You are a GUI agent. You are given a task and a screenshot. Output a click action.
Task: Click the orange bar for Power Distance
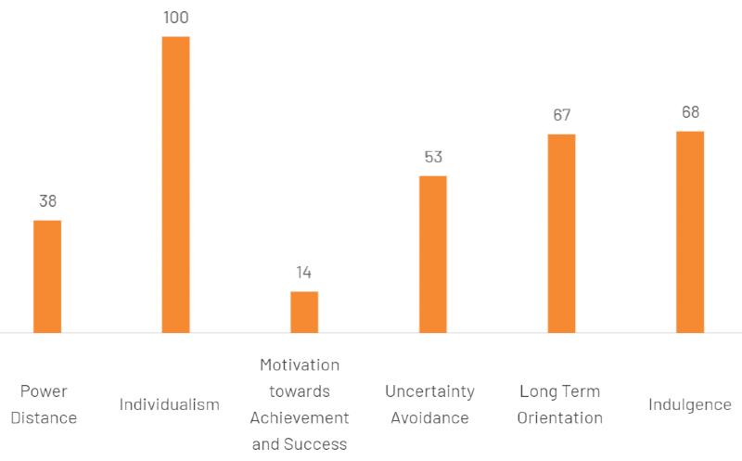click(x=47, y=276)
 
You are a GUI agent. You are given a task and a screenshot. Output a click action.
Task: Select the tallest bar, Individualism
click(x=176, y=185)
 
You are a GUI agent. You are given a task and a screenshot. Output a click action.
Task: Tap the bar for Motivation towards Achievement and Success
click(x=304, y=312)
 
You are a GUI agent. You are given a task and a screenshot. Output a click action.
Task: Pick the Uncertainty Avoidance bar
click(x=433, y=254)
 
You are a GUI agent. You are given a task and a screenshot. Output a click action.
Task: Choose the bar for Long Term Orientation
click(x=561, y=233)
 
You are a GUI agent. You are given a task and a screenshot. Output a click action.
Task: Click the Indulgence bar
click(x=690, y=232)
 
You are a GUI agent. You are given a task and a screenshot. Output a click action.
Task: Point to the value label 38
click(x=47, y=201)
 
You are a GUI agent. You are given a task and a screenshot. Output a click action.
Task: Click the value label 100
click(x=176, y=18)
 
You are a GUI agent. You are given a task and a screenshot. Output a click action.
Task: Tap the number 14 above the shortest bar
click(x=304, y=273)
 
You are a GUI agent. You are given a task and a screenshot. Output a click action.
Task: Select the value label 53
click(x=433, y=157)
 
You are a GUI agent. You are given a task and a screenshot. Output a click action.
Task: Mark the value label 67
click(x=561, y=115)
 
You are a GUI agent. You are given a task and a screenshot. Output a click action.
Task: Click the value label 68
click(x=690, y=112)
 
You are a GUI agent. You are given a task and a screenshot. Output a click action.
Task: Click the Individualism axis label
click(x=170, y=404)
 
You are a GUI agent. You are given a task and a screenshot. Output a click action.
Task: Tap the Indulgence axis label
click(x=689, y=404)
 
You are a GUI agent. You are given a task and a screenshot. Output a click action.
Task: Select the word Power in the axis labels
click(x=44, y=391)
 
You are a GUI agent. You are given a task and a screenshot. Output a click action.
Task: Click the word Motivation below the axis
click(x=300, y=365)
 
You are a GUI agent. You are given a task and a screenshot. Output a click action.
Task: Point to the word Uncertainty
click(x=429, y=391)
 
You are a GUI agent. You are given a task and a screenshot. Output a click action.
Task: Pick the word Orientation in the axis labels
click(x=560, y=417)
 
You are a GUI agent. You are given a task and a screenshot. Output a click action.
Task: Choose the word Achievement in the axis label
click(x=300, y=417)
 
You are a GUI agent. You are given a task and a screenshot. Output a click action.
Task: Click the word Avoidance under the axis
click(x=429, y=417)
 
